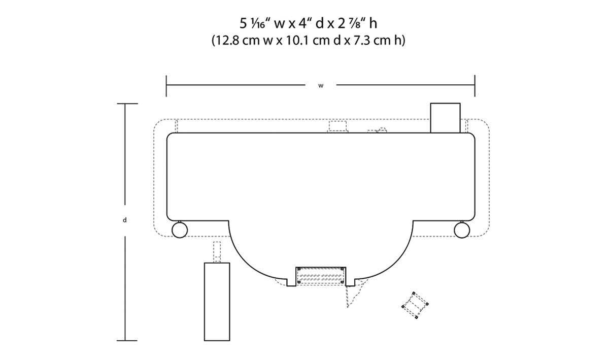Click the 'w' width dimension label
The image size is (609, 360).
(x=321, y=86)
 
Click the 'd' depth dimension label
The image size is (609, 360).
(x=125, y=220)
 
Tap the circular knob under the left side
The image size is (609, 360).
(x=180, y=230)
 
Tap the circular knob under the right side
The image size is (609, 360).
(x=462, y=230)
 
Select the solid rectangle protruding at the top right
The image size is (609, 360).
(x=446, y=118)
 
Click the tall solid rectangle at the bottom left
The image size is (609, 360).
(x=217, y=302)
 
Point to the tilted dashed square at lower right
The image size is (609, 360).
(x=415, y=305)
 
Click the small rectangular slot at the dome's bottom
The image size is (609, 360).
(x=321, y=276)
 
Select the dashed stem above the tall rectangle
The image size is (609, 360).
(x=217, y=252)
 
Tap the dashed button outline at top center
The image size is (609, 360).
(x=337, y=127)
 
